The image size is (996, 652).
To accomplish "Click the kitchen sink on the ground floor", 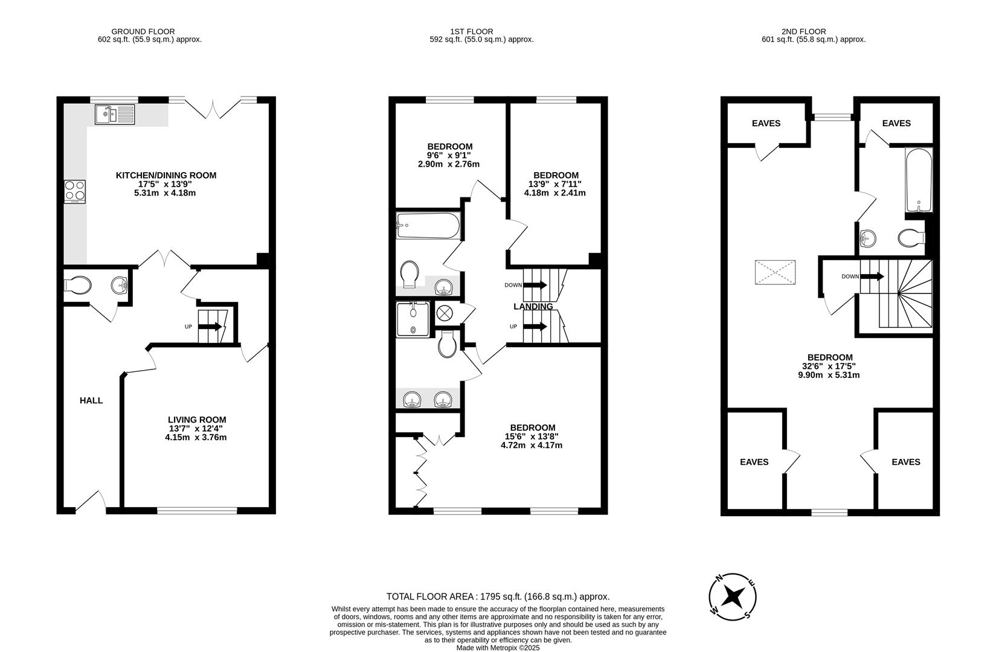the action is point(115,114).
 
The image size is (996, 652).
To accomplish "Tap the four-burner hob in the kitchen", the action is point(75,191).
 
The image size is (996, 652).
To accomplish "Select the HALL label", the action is point(91,400).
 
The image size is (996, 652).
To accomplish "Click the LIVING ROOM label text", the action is point(197,420).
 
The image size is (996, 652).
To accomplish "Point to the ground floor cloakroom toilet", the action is point(77,285).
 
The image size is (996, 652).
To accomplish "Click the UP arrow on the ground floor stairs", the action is point(210,327).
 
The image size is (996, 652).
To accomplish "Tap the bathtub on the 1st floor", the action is point(428,225).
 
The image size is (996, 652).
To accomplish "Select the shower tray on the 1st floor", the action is point(413,319).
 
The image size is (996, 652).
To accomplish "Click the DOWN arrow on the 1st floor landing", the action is point(535,285).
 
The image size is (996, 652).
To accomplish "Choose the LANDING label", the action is point(533,307).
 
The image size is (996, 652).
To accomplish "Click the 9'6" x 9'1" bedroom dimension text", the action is point(449,155).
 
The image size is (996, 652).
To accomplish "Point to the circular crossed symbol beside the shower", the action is point(444,313).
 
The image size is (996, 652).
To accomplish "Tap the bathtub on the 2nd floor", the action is point(919,181).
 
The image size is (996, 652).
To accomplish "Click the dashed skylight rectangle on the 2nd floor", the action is point(775,272).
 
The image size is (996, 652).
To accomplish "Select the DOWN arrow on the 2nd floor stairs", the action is point(872,276).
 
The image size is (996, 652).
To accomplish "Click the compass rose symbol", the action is point(732,596).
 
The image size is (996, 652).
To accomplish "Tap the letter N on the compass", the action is point(718,578).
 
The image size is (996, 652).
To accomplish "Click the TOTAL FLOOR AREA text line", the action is point(498,596).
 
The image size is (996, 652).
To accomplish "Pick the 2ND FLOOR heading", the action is point(804,31).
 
